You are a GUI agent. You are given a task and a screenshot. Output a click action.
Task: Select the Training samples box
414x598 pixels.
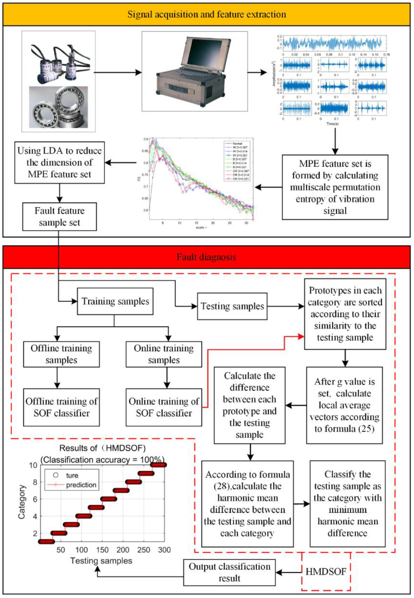pos(115,301)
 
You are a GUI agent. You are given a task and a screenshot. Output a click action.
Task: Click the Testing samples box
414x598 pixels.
pos(232,306)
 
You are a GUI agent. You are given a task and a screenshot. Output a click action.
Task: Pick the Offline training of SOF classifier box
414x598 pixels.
pos(61,407)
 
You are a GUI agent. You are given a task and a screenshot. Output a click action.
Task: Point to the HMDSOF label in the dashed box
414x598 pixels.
pos(326,572)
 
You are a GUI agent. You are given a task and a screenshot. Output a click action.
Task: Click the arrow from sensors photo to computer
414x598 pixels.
pos(118,73)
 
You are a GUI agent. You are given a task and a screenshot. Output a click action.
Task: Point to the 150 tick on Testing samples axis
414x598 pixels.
pos(102,550)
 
